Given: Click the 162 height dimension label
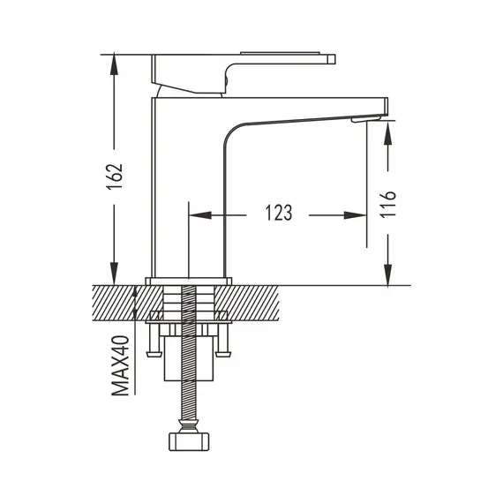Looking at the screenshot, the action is point(115,176).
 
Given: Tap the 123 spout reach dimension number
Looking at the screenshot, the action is point(279,213).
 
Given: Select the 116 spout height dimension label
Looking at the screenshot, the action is point(387,204).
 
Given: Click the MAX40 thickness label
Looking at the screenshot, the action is point(121,365).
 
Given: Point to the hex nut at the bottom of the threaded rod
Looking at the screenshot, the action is point(189,441).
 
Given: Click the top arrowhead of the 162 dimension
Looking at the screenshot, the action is point(114,64).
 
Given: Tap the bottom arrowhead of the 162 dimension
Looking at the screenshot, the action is point(114,274).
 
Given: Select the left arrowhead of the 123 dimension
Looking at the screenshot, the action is point(200,215).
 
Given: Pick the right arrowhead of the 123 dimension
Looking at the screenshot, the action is point(355,215).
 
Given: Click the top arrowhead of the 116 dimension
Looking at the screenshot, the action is point(387,132).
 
